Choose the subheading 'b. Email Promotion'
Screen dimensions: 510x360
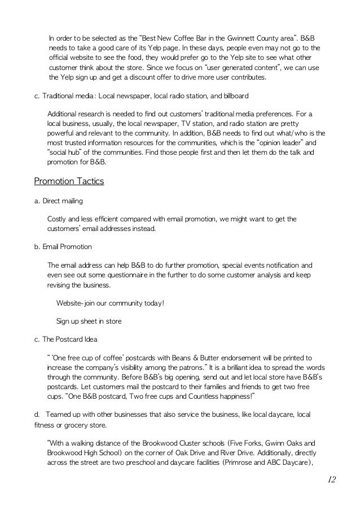pyautogui.click(x=63, y=247)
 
